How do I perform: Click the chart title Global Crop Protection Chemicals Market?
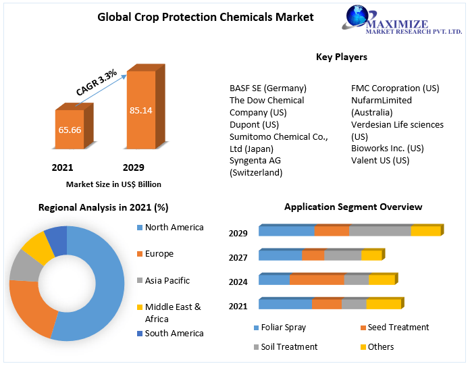(x=205, y=17)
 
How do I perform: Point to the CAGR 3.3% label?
(x=96, y=82)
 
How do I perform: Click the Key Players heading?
(x=341, y=57)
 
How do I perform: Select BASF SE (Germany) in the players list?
(x=267, y=88)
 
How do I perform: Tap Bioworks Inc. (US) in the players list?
(x=387, y=148)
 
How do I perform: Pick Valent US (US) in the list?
(x=380, y=160)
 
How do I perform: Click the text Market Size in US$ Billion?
(x=113, y=184)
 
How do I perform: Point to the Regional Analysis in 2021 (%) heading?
(x=103, y=207)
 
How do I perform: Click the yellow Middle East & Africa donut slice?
(x=38, y=249)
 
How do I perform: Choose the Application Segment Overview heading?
(x=352, y=207)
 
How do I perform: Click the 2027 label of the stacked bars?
(x=238, y=257)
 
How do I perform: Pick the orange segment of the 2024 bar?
(x=317, y=280)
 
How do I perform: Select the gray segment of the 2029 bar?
(x=380, y=231)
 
